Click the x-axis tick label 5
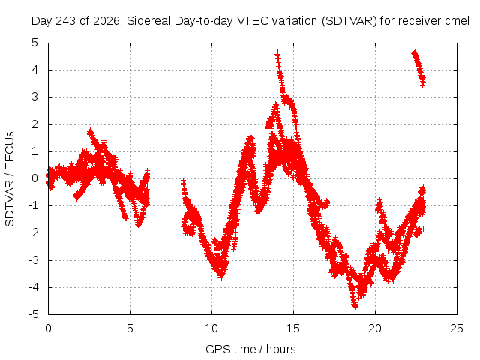coord(130,328)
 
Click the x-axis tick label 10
coord(211,328)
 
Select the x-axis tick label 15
coord(293,328)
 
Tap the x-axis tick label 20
coord(375,328)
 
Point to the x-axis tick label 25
coord(457,328)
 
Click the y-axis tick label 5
coord(35,43)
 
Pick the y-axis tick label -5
coord(34,314)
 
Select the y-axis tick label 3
coord(35,97)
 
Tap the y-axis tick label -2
coord(34,232)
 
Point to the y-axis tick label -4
coord(34,287)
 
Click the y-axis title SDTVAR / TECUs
coord(10,179)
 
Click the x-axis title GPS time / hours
coord(250,349)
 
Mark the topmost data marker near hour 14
coord(277,53)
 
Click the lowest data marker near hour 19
coord(355,306)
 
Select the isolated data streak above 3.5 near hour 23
coord(418,68)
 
